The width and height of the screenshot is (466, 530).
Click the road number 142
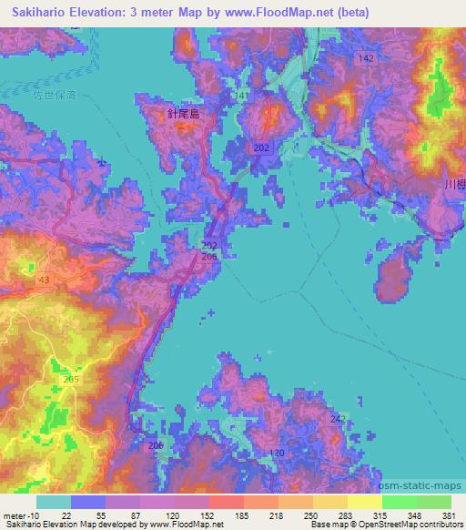[x=366, y=58]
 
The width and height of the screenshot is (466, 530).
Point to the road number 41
[x=242, y=96]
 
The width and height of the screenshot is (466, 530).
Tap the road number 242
[x=338, y=418]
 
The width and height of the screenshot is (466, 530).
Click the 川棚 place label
[x=454, y=184]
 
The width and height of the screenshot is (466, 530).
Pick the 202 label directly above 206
[x=209, y=246]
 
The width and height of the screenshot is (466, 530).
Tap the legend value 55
[x=110, y=516]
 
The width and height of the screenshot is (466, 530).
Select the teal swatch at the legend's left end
[x=53, y=502]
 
